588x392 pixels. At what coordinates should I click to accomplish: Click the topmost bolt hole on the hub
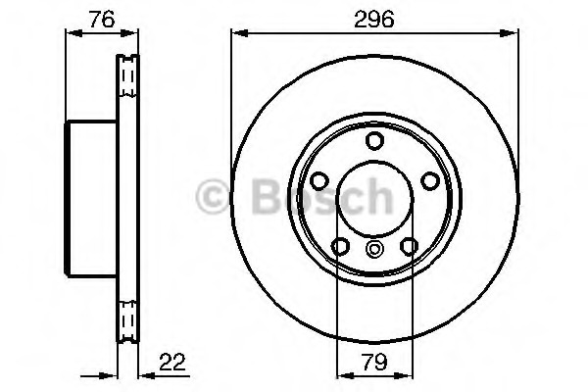pos(373,141)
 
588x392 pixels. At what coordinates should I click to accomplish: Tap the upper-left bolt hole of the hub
pos(319,181)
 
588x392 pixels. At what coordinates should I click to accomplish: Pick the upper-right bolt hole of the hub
pos(428,181)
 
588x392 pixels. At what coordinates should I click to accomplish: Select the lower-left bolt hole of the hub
pos(340,245)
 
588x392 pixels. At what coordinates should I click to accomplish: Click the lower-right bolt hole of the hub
pos(408,245)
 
